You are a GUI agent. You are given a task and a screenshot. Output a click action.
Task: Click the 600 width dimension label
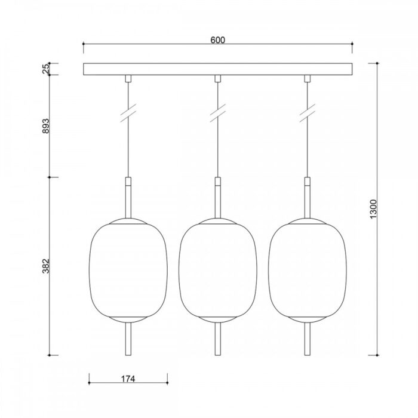[217, 40]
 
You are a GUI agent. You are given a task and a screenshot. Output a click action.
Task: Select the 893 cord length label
[46, 126]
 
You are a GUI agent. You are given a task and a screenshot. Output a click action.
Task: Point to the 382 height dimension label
[46, 266]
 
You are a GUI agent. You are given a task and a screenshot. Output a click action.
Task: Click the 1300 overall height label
[374, 208]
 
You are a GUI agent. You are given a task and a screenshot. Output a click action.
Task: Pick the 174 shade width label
[128, 379]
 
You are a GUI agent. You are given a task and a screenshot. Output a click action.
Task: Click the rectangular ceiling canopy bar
[217, 69]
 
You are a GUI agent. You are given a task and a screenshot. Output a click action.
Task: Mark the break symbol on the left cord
[128, 113]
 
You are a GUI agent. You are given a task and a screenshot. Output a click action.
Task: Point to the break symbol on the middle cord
[218, 113]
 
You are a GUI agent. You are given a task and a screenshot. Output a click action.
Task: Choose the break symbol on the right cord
[308, 113]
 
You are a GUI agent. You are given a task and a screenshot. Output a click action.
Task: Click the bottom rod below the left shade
[128, 339]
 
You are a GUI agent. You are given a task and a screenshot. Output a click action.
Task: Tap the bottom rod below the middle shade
[218, 339]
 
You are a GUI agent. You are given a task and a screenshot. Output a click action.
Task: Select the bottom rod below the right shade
[308, 339]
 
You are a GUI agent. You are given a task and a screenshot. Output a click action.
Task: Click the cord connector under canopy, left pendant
[128, 79]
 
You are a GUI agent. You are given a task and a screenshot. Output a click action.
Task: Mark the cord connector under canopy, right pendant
[308, 79]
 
